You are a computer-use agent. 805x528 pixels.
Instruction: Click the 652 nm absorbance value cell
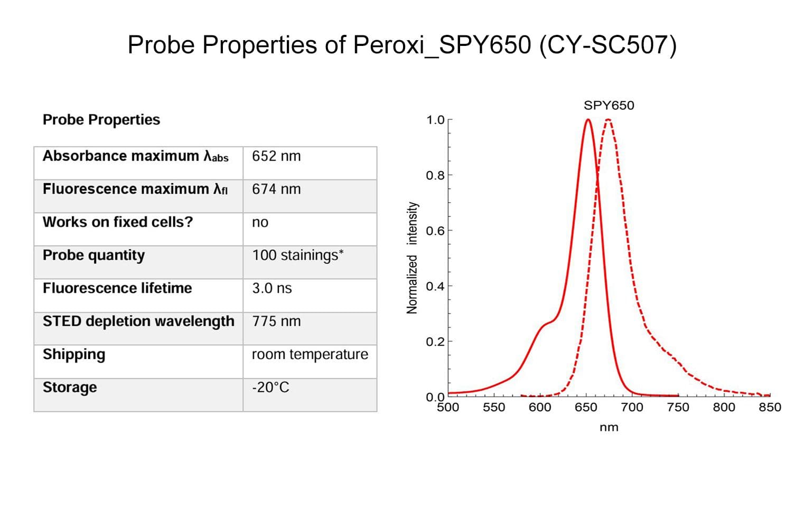point(276,156)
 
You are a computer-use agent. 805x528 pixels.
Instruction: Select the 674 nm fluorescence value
point(276,189)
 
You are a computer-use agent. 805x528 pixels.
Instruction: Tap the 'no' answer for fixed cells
point(260,222)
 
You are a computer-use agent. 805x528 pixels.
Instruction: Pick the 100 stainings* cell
point(297,255)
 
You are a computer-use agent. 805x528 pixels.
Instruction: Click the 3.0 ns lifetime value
point(272,288)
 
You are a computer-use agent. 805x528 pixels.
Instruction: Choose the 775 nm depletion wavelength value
point(276,321)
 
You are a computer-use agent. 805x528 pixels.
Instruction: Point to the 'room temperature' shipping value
point(310,354)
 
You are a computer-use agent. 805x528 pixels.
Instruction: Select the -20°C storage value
point(270,388)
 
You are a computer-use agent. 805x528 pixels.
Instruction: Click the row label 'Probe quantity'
point(93,255)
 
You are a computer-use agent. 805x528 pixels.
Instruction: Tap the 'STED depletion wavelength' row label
point(138,321)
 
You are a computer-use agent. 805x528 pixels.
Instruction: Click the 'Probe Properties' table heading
point(101,120)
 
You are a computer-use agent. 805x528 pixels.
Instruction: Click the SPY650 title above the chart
point(609,105)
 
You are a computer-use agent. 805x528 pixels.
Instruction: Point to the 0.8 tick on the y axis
point(435,175)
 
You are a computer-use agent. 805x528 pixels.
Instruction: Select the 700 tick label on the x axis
point(632,407)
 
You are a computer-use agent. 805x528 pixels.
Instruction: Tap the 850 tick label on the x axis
point(770,407)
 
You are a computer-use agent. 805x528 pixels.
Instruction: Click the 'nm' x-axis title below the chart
point(609,427)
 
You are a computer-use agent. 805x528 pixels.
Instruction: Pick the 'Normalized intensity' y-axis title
point(412,258)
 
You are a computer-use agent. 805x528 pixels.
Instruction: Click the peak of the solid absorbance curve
point(588,120)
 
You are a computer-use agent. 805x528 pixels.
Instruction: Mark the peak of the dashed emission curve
point(608,120)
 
